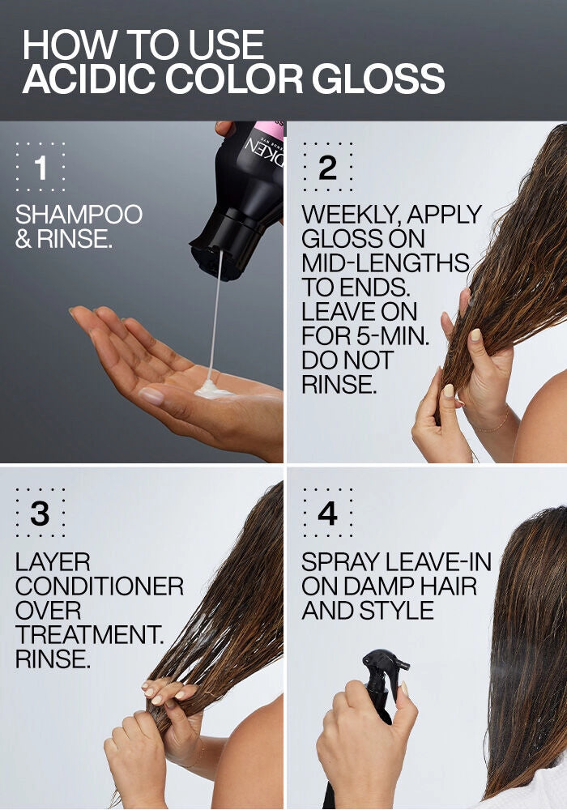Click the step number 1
click(40, 168)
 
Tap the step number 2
click(327, 168)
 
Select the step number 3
click(40, 514)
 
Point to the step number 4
click(327, 514)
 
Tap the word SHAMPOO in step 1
click(79, 215)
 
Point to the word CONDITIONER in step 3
click(100, 586)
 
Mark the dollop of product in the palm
click(213, 390)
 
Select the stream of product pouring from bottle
click(215, 316)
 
